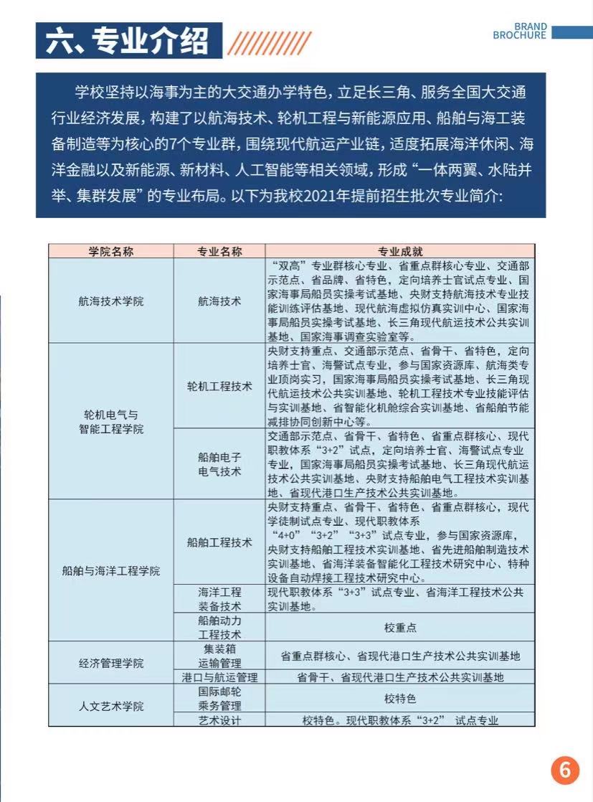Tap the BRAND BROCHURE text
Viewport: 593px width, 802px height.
click(x=520, y=31)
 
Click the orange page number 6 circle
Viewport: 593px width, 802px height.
click(x=565, y=770)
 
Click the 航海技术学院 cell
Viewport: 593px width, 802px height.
click(x=111, y=301)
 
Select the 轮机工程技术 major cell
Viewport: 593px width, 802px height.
click(x=219, y=386)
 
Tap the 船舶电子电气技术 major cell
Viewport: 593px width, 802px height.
click(x=219, y=464)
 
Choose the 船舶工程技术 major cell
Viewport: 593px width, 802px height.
click(x=219, y=542)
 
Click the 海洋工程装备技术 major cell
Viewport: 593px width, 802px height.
click(x=219, y=599)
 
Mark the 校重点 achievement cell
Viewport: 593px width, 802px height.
click(x=400, y=628)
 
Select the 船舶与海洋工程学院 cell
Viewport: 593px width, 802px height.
click(x=111, y=571)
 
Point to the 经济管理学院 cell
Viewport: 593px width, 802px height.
click(x=111, y=663)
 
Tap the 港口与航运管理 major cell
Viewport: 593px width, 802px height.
click(x=219, y=676)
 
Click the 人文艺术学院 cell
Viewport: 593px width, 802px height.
click(x=111, y=706)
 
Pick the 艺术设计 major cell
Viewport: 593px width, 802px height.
click(x=219, y=720)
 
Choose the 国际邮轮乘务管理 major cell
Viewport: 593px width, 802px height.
click(x=219, y=699)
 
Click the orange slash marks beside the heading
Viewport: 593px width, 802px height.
click(x=269, y=42)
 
